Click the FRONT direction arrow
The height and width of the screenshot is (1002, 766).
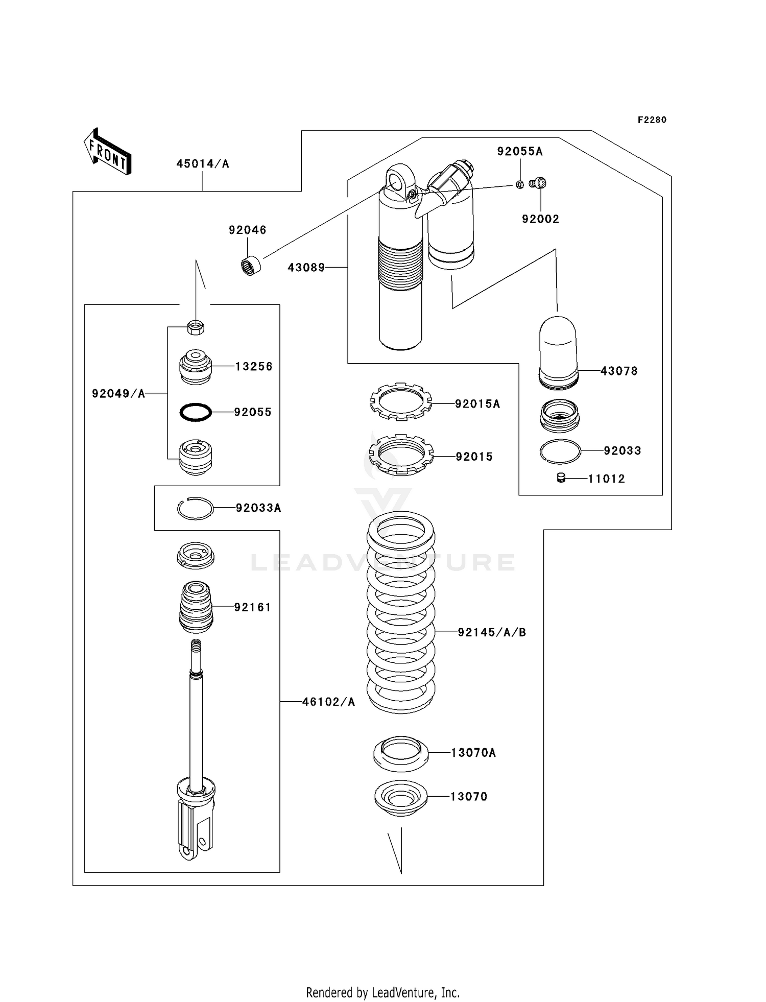pyautogui.click(x=108, y=152)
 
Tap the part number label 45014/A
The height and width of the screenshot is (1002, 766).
pyautogui.click(x=203, y=164)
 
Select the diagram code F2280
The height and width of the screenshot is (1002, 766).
pyautogui.click(x=652, y=120)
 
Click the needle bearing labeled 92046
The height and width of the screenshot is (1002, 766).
pyautogui.click(x=250, y=266)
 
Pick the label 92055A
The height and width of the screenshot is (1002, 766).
pyautogui.click(x=520, y=151)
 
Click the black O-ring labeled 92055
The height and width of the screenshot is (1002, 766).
pyautogui.click(x=196, y=412)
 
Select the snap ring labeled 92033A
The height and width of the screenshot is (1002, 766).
pyautogui.click(x=195, y=508)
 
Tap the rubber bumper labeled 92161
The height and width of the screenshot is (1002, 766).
pyautogui.click(x=196, y=607)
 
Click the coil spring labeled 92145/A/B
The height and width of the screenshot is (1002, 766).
pyautogui.click(x=401, y=613)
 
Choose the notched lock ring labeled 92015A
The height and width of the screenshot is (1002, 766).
pyautogui.click(x=401, y=401)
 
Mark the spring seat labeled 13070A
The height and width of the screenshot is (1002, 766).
pyautogui.click(x=400, y=753)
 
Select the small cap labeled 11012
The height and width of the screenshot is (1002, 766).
pyautogui.click(x=561, y=478)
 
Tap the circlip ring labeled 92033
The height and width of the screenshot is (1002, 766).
pyautogui.click(x=560, y=451)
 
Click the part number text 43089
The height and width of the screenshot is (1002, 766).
pyautogui.click(x=306, y=267)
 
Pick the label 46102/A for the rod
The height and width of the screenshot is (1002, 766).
pyautogui.click(x=328, y=702)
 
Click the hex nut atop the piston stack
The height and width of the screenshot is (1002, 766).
pyautogui.click(x=196, y=326)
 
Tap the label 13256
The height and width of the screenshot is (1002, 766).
pyautogui.click(x=254, y=366)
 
